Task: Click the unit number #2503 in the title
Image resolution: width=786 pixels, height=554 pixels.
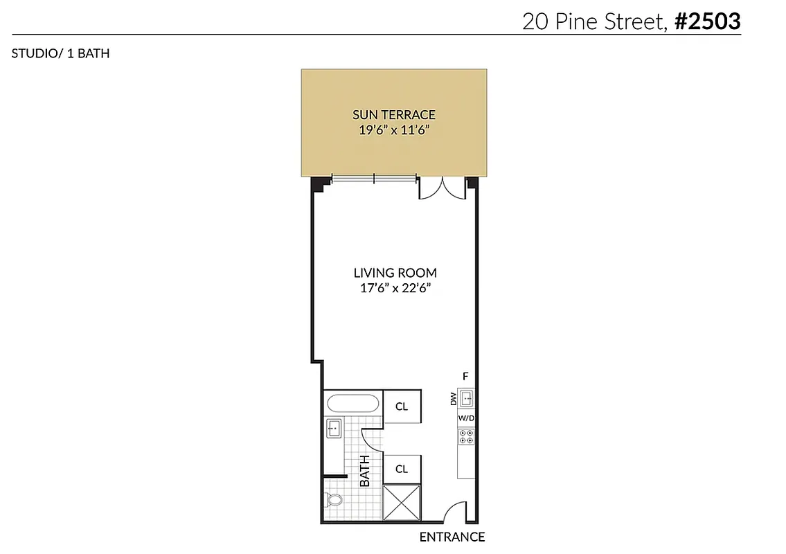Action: pyautogui.click(x=707, y=21)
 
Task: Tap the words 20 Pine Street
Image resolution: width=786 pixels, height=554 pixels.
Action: pyautogui.click(x=594, y=21)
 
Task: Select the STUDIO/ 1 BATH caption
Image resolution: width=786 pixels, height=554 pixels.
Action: pyautogui.click(x=60, y=53)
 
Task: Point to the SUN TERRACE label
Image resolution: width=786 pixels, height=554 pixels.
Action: pyautogui.click(x=394, y=115)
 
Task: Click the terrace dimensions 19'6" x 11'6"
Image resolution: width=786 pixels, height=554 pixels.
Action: pyautogui.click(x=394, y=130)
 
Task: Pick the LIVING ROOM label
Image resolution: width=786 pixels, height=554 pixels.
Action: pyautogui.click(x=395, y=273)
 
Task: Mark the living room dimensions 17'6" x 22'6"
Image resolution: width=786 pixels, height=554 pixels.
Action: pyautogui.click(x=395, y=289)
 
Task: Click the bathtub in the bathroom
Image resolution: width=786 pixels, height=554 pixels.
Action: pyautogui.click(x=352, y=404)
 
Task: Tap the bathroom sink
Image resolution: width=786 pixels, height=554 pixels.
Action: pyautogui.click(x=333, y=429)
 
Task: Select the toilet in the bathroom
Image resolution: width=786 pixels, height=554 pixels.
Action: pyautogui.click(x=334, y=500)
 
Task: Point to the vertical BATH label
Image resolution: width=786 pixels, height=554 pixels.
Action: pyautogui.click(x=365, y=470)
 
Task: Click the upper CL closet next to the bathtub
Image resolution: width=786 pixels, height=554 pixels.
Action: pyautogui.click(x=402, y=406)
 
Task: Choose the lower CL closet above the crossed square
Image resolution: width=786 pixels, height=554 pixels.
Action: pyautogui.click(x=402, y=469)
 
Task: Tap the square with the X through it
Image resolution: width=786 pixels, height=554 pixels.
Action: pyautogui.click(x=402, y=503)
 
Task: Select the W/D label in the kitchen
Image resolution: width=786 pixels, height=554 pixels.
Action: pyautogui.click(x=466, y=419)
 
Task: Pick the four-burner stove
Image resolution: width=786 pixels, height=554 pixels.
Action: pyautogui.click(x=466, y=436)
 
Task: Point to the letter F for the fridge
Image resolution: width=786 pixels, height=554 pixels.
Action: pyautogui.click(x=466, y=376)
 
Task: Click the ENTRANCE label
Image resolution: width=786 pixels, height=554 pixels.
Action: pyautogui.click(x=452, y=537)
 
